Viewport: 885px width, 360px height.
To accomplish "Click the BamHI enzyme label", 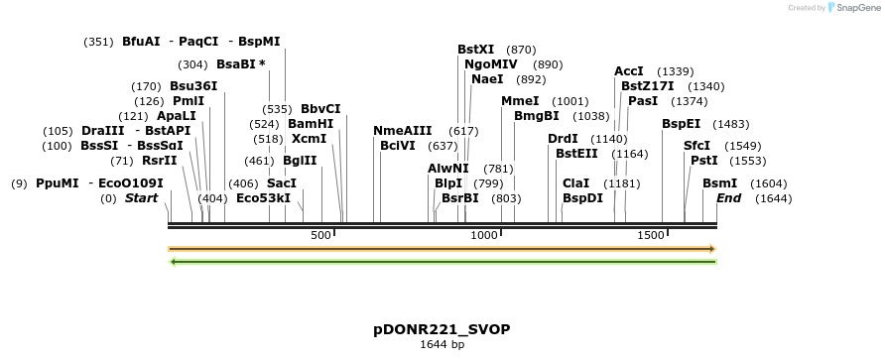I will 311,124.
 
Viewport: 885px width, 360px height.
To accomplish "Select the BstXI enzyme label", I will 475,49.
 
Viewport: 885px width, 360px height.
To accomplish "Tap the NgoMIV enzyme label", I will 491,63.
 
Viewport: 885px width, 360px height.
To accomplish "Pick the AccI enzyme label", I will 629,71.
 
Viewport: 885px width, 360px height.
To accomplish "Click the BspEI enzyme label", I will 681,124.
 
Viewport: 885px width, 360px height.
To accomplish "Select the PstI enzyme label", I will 703,160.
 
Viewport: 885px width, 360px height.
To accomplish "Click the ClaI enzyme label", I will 575,183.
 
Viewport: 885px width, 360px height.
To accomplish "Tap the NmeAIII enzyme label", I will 403,131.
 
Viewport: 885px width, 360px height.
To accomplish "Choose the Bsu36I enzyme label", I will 193,86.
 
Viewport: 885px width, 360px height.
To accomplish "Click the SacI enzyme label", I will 282,183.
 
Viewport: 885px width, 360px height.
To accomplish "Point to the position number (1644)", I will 774,198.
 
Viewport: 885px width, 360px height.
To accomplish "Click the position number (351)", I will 98,42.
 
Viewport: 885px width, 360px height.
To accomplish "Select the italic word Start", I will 141,198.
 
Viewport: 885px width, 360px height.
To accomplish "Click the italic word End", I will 729,198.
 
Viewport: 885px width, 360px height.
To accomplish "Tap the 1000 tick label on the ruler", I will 484,235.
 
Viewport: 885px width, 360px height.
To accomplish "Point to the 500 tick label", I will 320,235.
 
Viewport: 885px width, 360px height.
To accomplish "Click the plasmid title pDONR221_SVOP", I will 442,328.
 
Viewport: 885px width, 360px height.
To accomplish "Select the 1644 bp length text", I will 442,345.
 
